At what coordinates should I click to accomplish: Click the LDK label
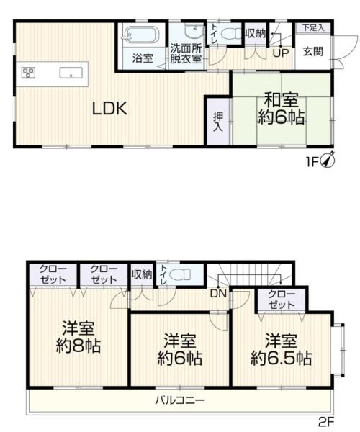[109, 108]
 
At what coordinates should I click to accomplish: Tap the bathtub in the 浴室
[140, 35]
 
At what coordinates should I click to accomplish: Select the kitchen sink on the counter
[71, 73]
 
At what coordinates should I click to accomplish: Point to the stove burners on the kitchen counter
[28, 73]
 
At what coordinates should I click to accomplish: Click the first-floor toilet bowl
[232, 35]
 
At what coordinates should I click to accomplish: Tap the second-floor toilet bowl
[181, 274]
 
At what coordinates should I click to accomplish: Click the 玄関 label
[313, 52]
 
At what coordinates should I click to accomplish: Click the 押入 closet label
[218, 122]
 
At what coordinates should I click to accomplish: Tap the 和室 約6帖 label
[281, 109]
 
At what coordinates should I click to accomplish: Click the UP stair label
[281, 53]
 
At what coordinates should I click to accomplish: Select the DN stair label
[218, 294]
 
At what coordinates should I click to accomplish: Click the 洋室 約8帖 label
[78, 337]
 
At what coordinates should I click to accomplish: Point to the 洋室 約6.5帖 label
[281, 349]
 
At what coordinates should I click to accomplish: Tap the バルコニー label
[180, 400]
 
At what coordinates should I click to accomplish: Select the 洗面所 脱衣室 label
[186, 54]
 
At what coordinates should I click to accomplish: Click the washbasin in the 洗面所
[194, 31]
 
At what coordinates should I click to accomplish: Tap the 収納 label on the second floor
[142, 274]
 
